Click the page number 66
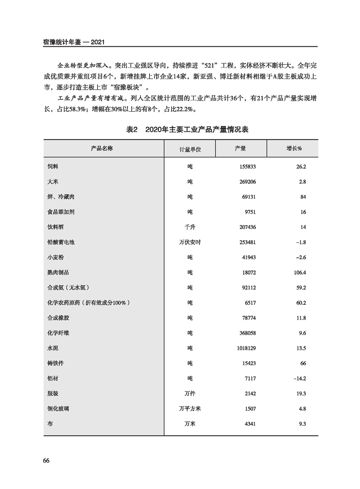[46, 460]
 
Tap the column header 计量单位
[190, 149]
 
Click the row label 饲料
[53, 167]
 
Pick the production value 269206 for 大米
[247, 182]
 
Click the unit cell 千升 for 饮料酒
[190, 227]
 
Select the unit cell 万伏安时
[190, 242]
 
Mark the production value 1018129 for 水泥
[245, 348]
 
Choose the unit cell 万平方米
[190, 409]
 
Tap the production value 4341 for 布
[250, 424]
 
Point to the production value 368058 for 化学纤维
[247, 333]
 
